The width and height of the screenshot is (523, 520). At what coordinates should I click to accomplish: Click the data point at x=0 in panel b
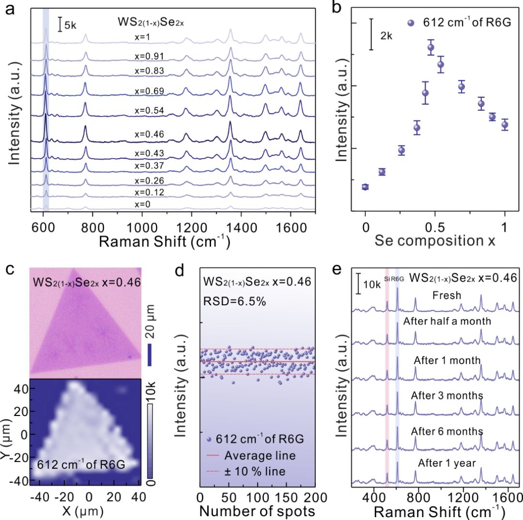click(x=365, y=187)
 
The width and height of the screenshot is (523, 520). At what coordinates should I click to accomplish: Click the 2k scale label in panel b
click(x=386, y=35)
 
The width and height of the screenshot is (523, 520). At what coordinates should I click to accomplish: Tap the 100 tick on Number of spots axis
click(x=257, y=497)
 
